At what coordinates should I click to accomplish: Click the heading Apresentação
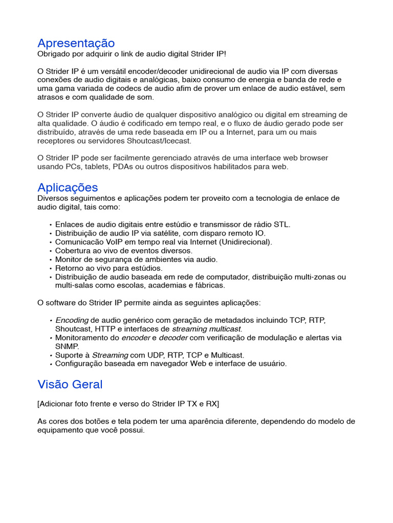pyautogui.click(x=76, y=43)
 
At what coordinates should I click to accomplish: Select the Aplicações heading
pyautogui.click(x=68, y=187)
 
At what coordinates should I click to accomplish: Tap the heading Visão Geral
pyautogui.click(x=70, y=384)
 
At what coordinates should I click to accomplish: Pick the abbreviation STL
pyautogui.click(x=282, y=224)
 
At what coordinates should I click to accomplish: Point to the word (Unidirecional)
pyautogui.click(x=246, y=242)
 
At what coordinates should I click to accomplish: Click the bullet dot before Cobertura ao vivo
pyautogui.click(x=51, y=251)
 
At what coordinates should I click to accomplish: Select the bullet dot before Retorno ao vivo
pyautogui.click(x=51, y=269)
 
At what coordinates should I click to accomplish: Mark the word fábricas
pyautogui.click(x=208, y=286)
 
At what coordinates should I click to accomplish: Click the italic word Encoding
pyautogui.click(x=72, y=320)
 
